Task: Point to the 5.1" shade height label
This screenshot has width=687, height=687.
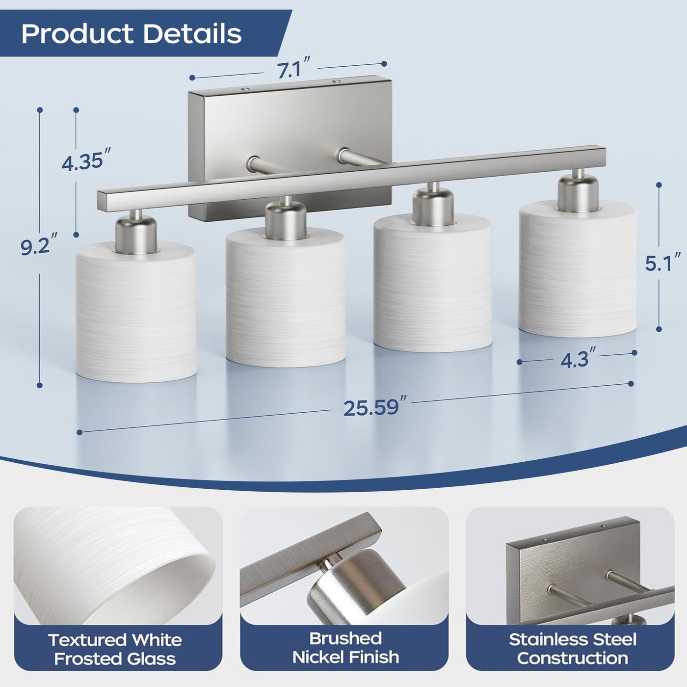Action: pos(662,263)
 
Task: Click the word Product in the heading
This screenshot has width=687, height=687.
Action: pos(77,34)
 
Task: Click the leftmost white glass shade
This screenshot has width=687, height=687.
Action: pos(136,312)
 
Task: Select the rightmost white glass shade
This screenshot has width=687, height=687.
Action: pos(578,269)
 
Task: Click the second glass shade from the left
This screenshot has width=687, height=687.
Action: pos(286,298)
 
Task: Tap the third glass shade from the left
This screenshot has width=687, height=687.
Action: pos(433,283)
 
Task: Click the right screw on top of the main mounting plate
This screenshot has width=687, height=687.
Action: pos(335,81)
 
